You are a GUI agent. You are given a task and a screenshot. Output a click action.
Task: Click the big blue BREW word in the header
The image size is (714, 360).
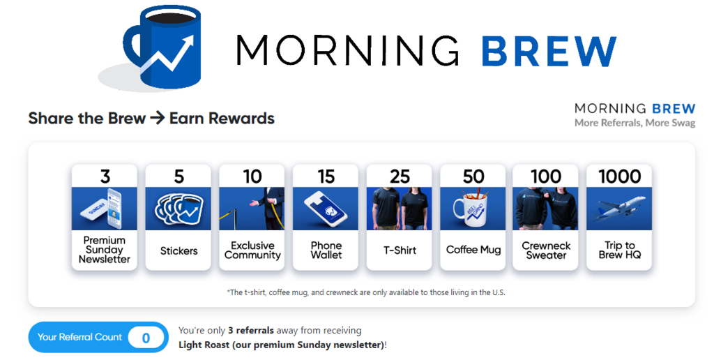pyautogui.click(x=549, y=51)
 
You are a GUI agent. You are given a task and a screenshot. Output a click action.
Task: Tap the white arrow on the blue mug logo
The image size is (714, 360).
pyautogui.click(x=168, y=59)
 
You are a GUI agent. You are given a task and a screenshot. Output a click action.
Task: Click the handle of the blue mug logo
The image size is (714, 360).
pyautogui.click(x=131, y=45)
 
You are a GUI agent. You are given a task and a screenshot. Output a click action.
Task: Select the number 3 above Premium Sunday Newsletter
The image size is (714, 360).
pyautogui.click(x=105, y=177)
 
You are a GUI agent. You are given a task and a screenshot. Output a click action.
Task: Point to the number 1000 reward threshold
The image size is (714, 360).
pyautogui.click(x=619, y=177)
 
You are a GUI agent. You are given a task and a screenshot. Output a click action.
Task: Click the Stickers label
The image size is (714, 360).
pyautogui.click(x=178, y=250)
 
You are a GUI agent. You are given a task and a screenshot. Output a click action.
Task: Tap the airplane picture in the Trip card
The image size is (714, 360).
pyautogui.click(x=619, y=208)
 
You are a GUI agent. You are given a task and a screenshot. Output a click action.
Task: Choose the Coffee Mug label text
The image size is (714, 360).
pyautogui.click(x=473, y=250)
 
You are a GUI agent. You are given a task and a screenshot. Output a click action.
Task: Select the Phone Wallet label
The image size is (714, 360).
pyautogui.click(x=326, y=250)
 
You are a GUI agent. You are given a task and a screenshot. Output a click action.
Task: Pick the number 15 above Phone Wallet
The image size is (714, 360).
pyautogui.click(x=326, y=177)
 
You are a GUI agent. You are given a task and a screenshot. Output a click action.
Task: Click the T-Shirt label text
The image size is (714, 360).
pyautogui.click(x=400, y=250)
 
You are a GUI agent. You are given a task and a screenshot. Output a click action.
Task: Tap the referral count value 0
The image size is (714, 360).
pyautogui.click(x=146, y=338)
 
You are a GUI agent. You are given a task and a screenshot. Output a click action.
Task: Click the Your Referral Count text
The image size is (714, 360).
pyautogui.click(x=79, y=337)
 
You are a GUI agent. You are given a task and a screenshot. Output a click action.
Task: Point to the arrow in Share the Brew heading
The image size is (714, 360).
pyautogui.click(x=157, y=118)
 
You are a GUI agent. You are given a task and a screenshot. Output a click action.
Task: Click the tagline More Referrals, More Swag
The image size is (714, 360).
pyautogui.click(x=635, y=123)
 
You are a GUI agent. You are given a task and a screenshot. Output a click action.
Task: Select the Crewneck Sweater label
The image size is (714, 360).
pyautogui.click(x=546, y=250)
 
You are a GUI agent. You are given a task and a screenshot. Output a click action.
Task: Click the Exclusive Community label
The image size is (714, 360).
pyautogui.click(x=252, y=250)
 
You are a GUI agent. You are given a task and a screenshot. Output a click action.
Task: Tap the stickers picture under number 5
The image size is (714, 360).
pyautogui.click(x=178, y=208)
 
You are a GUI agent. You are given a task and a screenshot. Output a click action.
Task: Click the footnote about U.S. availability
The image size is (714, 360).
pyautogui.click(x=366, y=292)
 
